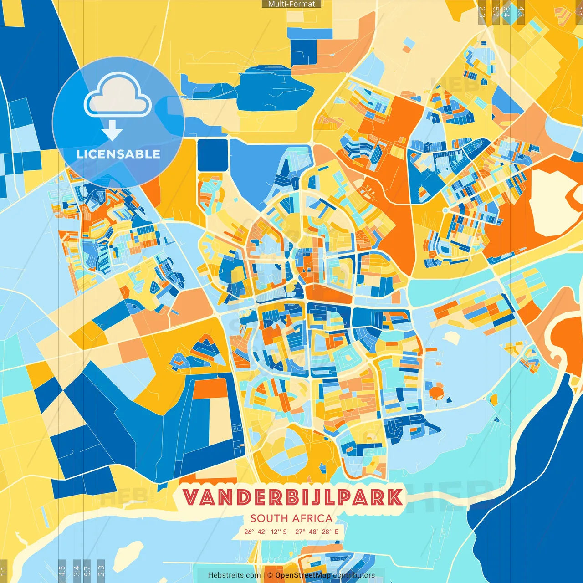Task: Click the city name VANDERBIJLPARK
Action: pos(292,497)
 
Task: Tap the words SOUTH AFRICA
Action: pos(291,518)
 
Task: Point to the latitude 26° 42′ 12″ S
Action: pos(265,532)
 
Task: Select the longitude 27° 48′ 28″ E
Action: pos(317,532)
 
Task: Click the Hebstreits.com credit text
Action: pos(234,575)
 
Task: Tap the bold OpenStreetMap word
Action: pos(302,575)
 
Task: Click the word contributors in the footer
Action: pos(353,575)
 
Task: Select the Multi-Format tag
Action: pos(291,4)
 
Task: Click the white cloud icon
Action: pos(118,95)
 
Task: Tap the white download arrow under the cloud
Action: pos(112,131)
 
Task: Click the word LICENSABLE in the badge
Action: pos(118,154)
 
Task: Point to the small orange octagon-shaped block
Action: pos(436,391)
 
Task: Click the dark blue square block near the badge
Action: pos(212,155)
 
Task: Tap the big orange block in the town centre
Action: pos(328,294)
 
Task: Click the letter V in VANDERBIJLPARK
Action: pos(191,497)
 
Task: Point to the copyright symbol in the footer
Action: pos(270,575)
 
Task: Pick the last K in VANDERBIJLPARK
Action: pos(394,497)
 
